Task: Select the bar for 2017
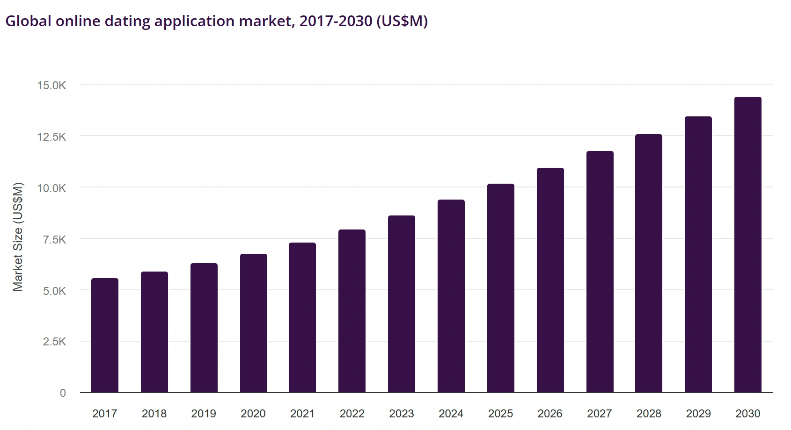(x=105, y=335)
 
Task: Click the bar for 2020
(x=253, y=323)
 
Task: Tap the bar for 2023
(x=401, y=304)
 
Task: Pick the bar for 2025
(x=500, y=288)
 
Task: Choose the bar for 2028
(x=648, y=263)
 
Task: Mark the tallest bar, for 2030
(x=747, y=244)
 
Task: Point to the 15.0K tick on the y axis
(x=52, y=86)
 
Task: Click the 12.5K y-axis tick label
(x=52, y=137)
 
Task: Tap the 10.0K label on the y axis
(x=52, y=188)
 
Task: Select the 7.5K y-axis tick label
(x=54, y=240)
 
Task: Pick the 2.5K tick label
(x=54, y=342)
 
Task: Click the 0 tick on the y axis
(x=63, y=393)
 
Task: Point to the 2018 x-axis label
(x=154, y=414)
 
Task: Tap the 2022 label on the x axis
(x=352, y=414)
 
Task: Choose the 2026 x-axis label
(x=549, y=414)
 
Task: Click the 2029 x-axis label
(x=698, y=414)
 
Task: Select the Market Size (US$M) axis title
(x=18, y=236)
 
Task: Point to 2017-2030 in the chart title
(x=336, y=21)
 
